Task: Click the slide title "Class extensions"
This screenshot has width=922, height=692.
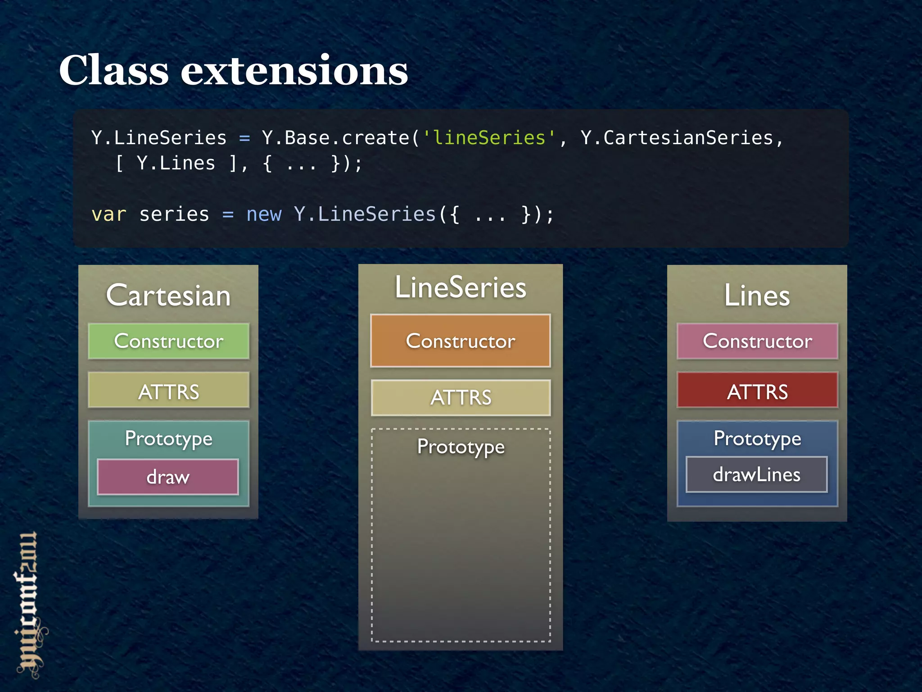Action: pos(233,70)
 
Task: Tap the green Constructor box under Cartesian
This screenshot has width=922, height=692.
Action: pos(168,341)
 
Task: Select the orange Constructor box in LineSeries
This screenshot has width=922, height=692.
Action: pos(460,341)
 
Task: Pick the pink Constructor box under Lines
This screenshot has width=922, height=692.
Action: pos(757,341)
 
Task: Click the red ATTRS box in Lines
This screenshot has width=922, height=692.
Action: pos(757,391)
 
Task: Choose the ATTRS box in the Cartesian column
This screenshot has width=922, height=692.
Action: pos(168,391)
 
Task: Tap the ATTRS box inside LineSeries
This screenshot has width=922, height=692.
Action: pos(460,397)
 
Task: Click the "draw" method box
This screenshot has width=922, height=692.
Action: pos(167,477)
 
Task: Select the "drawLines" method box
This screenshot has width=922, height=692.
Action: pos(756,474)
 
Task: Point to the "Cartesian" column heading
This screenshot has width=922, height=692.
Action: pos(168,296)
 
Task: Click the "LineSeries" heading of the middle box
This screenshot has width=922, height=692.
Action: pos(460,287)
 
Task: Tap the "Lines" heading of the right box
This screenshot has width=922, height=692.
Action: pos(757,296)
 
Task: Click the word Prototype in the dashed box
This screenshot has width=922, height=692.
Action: pos(461,447)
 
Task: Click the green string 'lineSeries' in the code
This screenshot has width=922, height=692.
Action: pos(489,138)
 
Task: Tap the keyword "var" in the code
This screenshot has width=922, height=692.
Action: pos(108,214)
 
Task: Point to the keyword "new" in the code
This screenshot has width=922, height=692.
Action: pos(264,214)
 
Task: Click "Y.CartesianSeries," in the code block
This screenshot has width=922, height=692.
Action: pos(682,138)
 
